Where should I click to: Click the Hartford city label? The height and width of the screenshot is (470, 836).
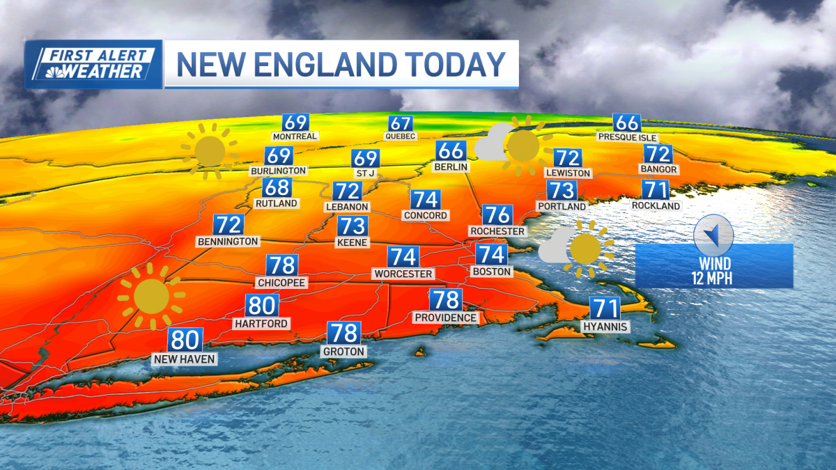[x=261, y=324]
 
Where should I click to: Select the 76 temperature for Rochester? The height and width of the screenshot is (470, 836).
[x=497, y=214]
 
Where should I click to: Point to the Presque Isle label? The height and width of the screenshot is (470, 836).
[x=628, y=137]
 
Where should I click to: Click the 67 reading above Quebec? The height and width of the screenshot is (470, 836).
[x=401, y=123]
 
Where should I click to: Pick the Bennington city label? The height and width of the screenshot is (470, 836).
[x=228, y=241]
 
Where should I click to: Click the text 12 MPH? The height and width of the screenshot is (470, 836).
[x=714, y=277]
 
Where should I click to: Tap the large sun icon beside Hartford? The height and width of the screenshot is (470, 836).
[x=151, y=296]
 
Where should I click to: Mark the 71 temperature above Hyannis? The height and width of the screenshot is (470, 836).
[x=605, y=308]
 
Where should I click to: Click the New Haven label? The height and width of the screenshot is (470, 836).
[x=185, y=359]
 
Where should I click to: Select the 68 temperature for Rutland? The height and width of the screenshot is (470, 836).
[x=277, y=187]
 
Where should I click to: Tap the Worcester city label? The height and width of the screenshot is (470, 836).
[x=403, y=274]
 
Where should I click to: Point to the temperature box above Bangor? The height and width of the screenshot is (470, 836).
[x=658, y=154]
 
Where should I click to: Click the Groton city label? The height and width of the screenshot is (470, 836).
[x=343, y=352]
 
